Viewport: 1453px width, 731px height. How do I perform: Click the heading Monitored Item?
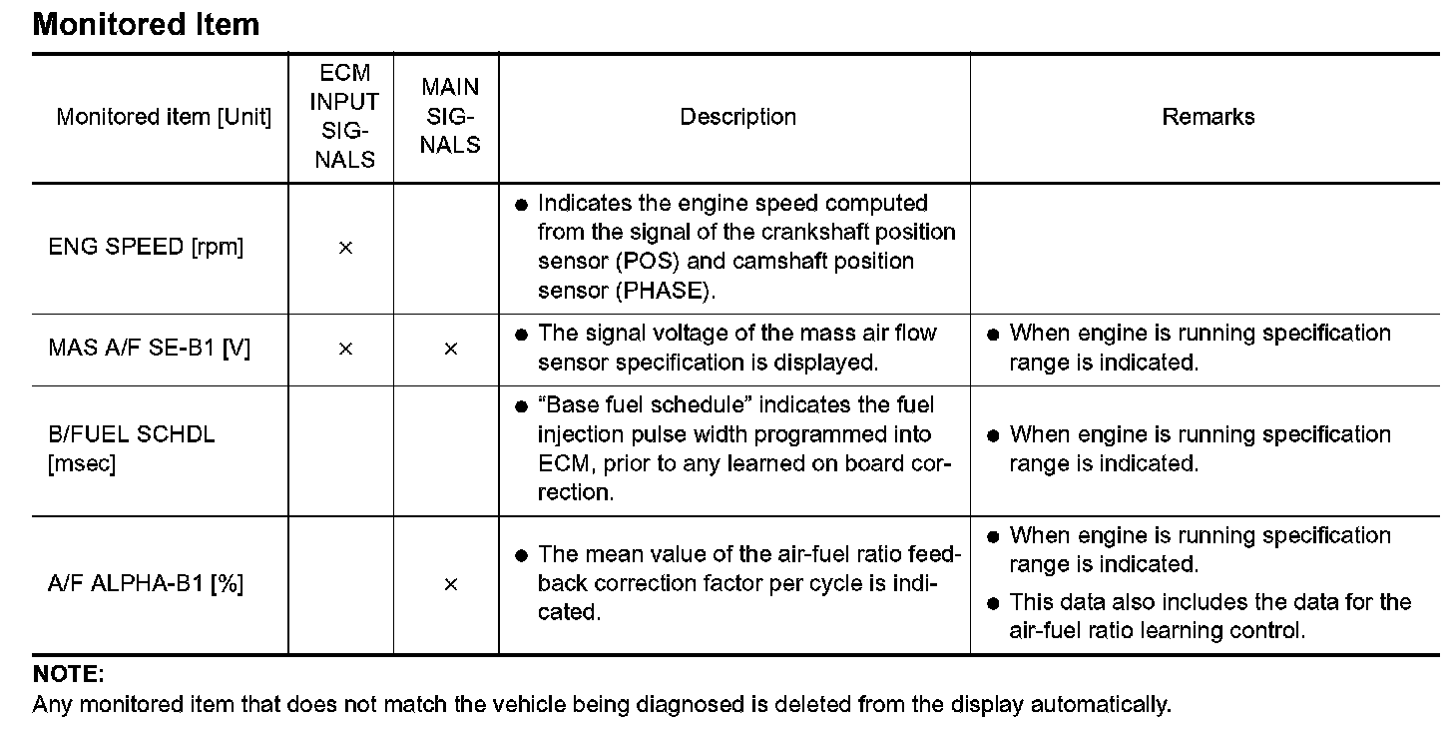click(146, 24)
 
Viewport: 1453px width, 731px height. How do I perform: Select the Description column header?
click(737, 117)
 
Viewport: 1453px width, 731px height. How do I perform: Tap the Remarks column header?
click(1208, 117)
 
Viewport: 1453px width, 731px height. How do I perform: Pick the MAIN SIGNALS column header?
click(450, 117)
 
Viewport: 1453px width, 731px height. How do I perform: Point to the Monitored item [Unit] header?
click(164, 117)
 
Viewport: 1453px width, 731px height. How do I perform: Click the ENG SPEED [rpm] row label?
click(146, 247)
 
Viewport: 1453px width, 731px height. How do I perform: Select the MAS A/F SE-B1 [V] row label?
click(149, 349)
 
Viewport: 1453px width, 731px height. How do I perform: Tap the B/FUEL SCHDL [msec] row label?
click(131, 448)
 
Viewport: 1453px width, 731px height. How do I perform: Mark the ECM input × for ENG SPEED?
click(345, 248)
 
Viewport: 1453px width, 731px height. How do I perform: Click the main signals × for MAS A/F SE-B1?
click(450, 349)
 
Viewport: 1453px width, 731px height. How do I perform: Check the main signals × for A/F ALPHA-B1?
click(450, 584)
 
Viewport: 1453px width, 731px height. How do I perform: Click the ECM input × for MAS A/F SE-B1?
click(345, 349)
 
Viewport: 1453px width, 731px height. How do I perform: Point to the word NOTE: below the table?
click(68, 675)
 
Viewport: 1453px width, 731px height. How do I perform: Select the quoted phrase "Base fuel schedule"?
click(637, 405)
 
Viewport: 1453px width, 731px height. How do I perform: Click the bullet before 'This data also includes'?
click(993, 602)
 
